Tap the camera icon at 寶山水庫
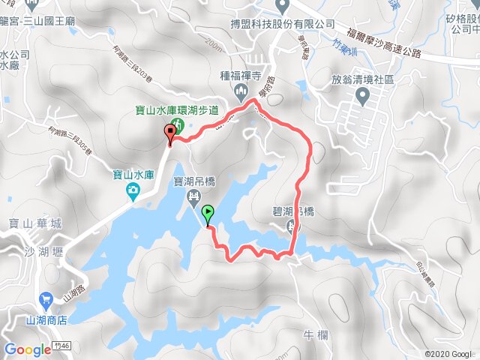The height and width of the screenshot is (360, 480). pyautogui.click(x=132, y=192)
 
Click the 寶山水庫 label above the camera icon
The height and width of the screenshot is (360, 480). pyautogui.click(x=133, y=175)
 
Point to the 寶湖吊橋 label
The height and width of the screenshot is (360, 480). pyautogui.click(x=194, y=181)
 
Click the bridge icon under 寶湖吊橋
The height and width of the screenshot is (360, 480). pyautogui.click(x=194, y=196)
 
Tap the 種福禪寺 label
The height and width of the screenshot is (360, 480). pyautogui.click(x=241, y=75)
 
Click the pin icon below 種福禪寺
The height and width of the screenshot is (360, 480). pyautogui.click(x=241, y=91)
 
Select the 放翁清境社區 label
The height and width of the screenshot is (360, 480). pyautogui.click(x=363, y=76)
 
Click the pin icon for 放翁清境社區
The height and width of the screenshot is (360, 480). pyautogui.click(x=363, y=94)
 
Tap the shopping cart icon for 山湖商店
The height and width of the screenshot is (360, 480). pyautogui.click(x=45, y=298)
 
